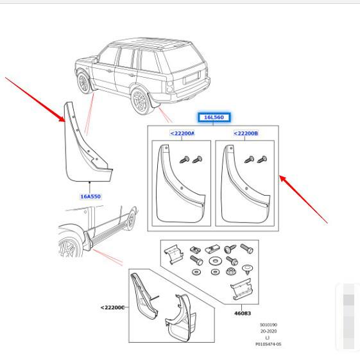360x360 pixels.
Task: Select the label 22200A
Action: point(182,133)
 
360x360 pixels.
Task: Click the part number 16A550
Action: point(90,196)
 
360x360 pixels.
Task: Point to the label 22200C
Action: point(112,307)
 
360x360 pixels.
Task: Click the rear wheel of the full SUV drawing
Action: point(139,101)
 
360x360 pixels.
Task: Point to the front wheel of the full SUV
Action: point(84,83)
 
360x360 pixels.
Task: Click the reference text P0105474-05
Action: point(268,345)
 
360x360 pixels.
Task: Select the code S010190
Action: point(268,325)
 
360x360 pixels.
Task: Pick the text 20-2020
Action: point(268,332)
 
